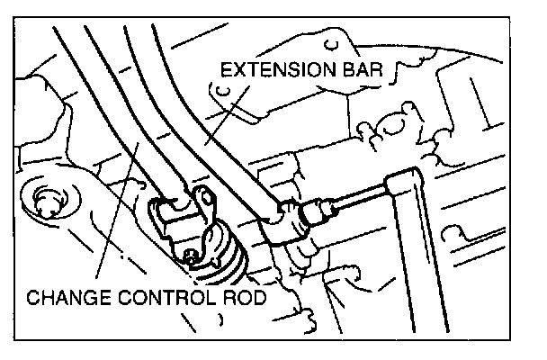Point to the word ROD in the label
tap(239, 298)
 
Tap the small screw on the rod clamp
tap(193, 257)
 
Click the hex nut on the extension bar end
tap(316, 214)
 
